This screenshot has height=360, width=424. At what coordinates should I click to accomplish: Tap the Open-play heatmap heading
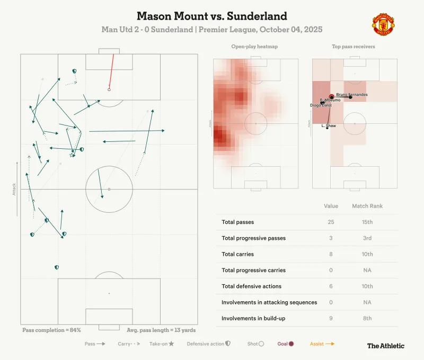click(x=254, y=47)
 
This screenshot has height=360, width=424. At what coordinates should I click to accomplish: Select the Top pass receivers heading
click(x=355, y=47)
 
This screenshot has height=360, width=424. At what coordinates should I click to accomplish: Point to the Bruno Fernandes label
click(x=352, y=94)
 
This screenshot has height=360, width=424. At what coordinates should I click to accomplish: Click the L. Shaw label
click(x=329, y=125)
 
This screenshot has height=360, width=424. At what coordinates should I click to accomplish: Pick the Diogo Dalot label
click(x=321, y=105)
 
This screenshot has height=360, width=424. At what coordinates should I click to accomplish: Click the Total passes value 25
click(x=331, y=222)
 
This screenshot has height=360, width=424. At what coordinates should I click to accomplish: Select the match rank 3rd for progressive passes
click(x=367, y=238)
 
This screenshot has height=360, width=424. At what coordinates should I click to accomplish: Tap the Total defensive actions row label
click(x=251, y=286)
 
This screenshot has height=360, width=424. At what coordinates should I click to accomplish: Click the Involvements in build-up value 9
click(x=331, y=318)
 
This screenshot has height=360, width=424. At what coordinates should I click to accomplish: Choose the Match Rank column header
click(x=367, y=206)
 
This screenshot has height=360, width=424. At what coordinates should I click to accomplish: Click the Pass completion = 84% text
click(x=51, y=330)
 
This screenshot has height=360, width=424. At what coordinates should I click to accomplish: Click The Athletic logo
click(x=386, y=346)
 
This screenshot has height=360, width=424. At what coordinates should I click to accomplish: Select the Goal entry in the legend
click(x=286, y=344)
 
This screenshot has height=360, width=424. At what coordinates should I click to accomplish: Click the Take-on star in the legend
click(x=171, y=344)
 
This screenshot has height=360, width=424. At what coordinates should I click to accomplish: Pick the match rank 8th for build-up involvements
click(x=367, y=318)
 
